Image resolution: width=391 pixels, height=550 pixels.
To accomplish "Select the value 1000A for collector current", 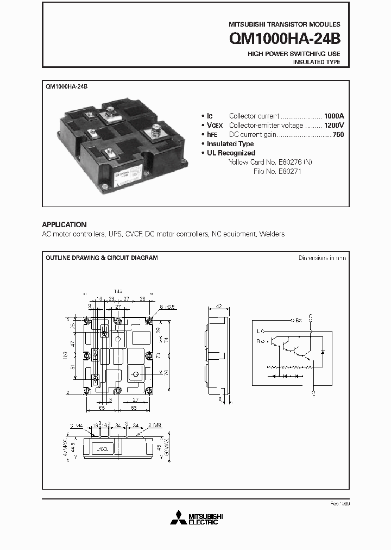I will pos(334,116).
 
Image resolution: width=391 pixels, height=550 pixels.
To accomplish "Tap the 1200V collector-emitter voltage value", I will pos(334,125).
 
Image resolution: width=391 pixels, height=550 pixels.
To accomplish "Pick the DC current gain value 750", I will pos(338,134).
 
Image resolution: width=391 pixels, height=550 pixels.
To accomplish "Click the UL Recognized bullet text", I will pos(231,153).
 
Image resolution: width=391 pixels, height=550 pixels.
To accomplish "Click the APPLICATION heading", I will pos(64,224).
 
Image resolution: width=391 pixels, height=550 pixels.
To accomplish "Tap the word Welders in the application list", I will pos(272,234).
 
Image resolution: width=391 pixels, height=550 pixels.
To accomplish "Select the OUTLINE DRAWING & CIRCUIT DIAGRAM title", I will pos(102,258).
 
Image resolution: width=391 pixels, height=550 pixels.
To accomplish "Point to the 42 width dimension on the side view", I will pos(218,307).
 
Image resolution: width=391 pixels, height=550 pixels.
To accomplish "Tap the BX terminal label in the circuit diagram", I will pos(298,320).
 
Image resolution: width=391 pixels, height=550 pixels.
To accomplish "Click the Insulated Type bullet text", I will pos(230,143).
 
